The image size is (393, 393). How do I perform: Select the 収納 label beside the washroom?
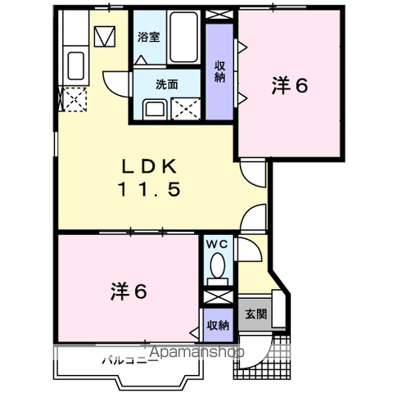point(219,71)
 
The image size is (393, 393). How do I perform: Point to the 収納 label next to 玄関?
point(218,325)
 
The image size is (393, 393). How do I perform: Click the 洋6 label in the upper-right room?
point(290,84)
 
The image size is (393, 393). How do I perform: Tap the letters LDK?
point(150,167)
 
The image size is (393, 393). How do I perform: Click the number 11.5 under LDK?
point(150,189)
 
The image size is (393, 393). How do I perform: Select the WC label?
point(218,243)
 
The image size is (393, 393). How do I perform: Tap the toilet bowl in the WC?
point(218,265)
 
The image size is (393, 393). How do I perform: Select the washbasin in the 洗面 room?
point(153,108)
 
